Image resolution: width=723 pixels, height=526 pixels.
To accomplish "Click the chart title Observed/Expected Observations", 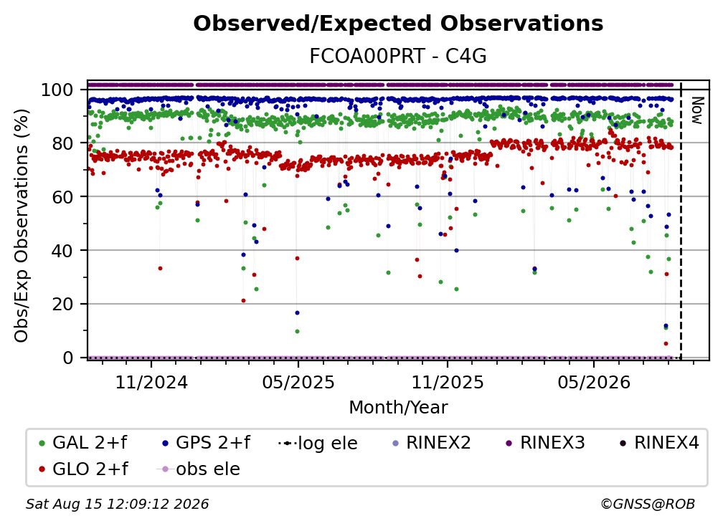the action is pyautogui.click(x=398, y=24).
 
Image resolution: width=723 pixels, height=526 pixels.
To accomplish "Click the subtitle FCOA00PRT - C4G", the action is pyautogui.click(x=398, y=56).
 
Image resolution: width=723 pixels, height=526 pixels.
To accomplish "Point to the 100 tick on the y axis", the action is pyautogui.click(x=57, y=90).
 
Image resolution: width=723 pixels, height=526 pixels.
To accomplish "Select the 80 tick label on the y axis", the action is pyautogui.click(x=62, y=143).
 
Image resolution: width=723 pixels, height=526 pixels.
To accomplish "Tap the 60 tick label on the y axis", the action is pyautogui.click(x=62, y=196).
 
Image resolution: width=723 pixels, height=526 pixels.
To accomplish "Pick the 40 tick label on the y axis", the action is pyautogui.click(x=62, y=251).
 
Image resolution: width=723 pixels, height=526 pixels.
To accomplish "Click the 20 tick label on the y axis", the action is pyautogui.click(x=62, y=304).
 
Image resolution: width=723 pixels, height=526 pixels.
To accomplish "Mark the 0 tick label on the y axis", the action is pyautogui.click(x=68, y=358).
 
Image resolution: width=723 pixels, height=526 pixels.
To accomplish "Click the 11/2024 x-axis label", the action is pyautogui.click(x=151, y=382).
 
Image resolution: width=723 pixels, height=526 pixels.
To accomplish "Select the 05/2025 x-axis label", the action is pyautogui.click(x=298, y=382).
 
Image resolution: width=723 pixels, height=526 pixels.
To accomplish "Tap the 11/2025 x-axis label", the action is pyautogui.click(x=448, y=382).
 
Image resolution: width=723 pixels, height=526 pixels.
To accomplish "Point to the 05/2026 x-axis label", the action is pyautogui.click(x=594, y=382).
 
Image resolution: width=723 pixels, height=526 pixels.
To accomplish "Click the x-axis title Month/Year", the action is pyautogui.click(x=398, y=407).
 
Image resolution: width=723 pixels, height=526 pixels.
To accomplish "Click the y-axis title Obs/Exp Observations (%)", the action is pyautogui.click(x=22, y=225).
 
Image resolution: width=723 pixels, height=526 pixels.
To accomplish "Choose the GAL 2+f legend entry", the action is pyautogui.click(x=83, y=443).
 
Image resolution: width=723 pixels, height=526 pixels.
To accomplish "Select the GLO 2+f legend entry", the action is pyautogui.click(x=83, y=469).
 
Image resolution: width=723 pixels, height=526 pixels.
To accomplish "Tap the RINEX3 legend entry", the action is pyautogui.click(x=545, y=443).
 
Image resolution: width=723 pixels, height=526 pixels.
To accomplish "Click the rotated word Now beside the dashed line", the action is pyautogui.click(x=696, y=110).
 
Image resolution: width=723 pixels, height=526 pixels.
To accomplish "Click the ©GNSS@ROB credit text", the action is pyautogui.click(x=648, y=504).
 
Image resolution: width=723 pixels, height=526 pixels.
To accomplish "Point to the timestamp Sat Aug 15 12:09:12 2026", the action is pyautogui.click(x=117, y=504).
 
